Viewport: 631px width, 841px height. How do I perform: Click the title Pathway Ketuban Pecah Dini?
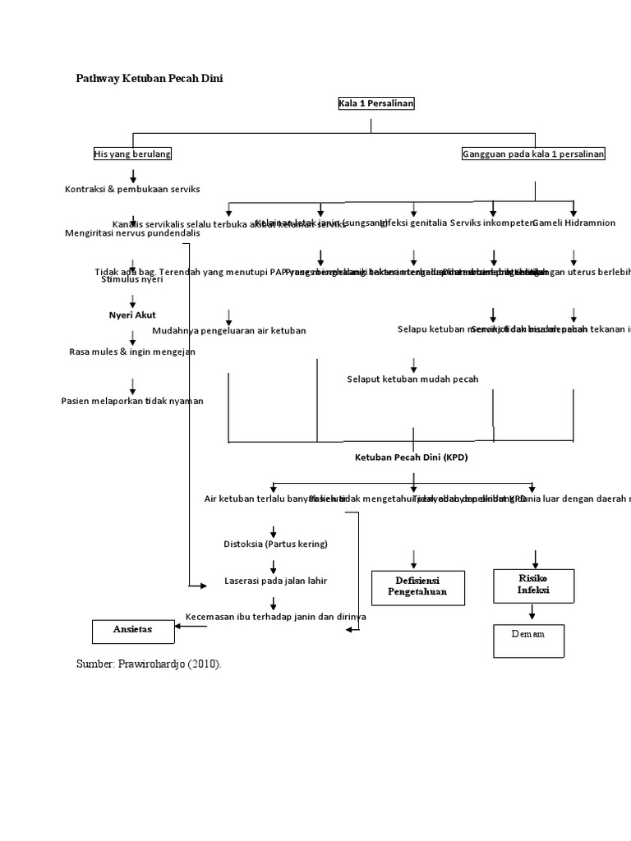pyautogui.click(x=150, y=78)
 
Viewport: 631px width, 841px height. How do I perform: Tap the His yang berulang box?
pyautogui.click(x=132, y=154)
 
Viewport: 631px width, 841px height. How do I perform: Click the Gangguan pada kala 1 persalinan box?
pyautogui.click(x=533, y=154)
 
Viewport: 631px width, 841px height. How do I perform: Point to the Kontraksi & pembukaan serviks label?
pyautogui.click(x=132, y=189)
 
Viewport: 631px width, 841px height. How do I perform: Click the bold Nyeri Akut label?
pyautogui.click(x=132, y=315)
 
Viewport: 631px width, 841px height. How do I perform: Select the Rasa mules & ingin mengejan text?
pyautogui.click(x=132, y=352)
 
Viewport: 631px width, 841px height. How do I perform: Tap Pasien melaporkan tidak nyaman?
pyautogui.click(x=132, y=401)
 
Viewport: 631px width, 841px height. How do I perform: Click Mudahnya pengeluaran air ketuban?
pyautogui.click(x=229, y=330)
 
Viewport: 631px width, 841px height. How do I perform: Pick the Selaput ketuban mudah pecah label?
pyautogui.click(x=412, y=379)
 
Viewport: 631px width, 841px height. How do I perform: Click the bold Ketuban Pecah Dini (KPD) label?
pyautogui.click(x=411, y=457)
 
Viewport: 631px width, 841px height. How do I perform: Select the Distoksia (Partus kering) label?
pyautogui.click(x=275, y=544)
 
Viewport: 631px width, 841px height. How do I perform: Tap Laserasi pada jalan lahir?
pyautogui.click(x=275, y=581)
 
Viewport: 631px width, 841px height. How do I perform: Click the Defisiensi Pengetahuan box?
pyautogui.click(x=417, y=587)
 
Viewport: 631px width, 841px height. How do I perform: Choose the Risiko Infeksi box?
pyautogui.click(x=533, y=585)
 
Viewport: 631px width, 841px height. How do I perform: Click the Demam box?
pyautogui.click(x=527, y=640)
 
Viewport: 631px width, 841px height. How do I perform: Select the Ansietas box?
pyautogui.click(x=132, y=631)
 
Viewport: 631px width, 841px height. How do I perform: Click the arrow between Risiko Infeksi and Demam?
pyautogui.click(x=532, y=613)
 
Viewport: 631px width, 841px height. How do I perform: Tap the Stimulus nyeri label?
pyautogui.click(x=132, y=279)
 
